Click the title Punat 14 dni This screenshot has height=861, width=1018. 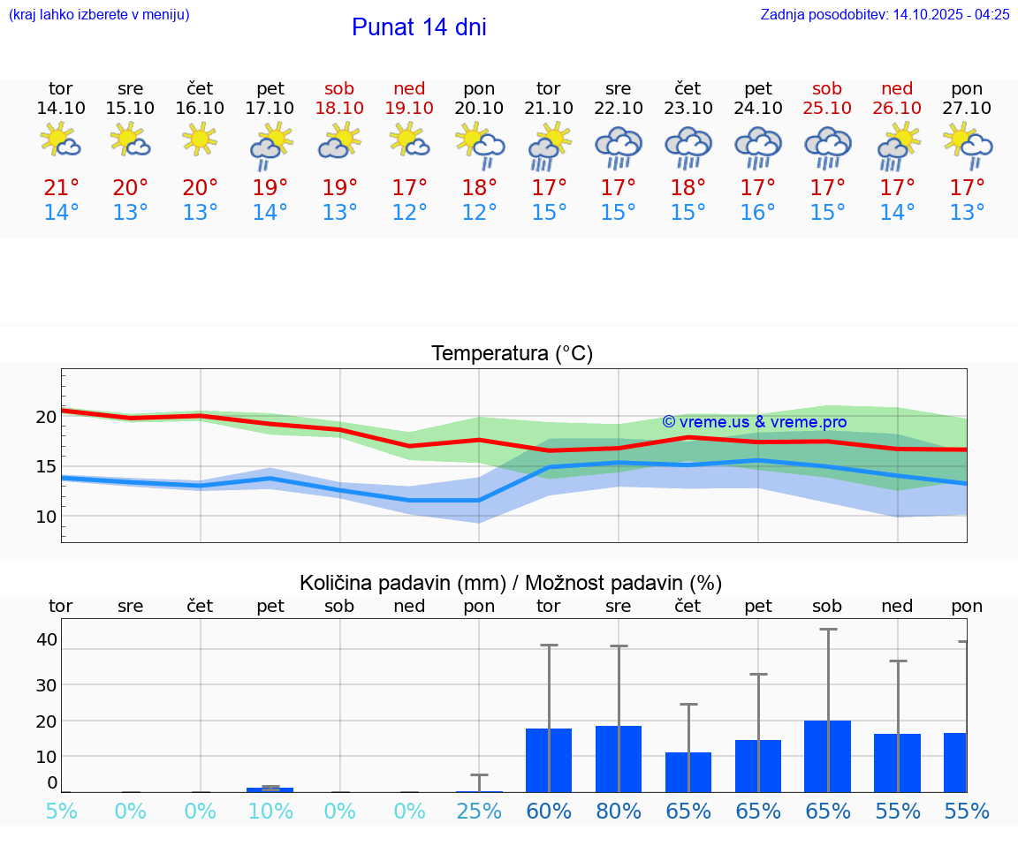click(x=419, y=27)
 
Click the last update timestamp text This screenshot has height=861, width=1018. click(x=885, y=15)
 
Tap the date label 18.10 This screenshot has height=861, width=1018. click(x=339, y=109)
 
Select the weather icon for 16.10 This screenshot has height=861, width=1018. click(x=200, y=139)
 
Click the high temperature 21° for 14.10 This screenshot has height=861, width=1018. click(x=61, y=188)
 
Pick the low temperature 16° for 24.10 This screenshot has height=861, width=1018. click(x=757, y=213)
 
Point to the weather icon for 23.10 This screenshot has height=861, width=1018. click(x=688, y=147)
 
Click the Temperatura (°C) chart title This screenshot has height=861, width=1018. click(x=512, y=354)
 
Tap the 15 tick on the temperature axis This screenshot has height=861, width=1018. click(x=46, y=466)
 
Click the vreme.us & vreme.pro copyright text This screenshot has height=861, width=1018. click(x=754, y=422)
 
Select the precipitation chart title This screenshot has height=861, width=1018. click(x=511, y=583)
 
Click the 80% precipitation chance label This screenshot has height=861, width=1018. click(x=619, y=811)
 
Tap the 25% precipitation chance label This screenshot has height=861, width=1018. click(x=479, y=811)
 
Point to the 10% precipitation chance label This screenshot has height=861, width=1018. click(x=270, y=811)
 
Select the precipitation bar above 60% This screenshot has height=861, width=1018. click(x=549, y=760)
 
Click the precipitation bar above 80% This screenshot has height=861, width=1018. click(x=619, y=759)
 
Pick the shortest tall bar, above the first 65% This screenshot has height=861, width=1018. click(x=688, y=772)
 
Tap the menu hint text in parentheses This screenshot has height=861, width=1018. click(x=99, y=15)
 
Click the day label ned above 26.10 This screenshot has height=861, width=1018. click(x=897, y=89)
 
